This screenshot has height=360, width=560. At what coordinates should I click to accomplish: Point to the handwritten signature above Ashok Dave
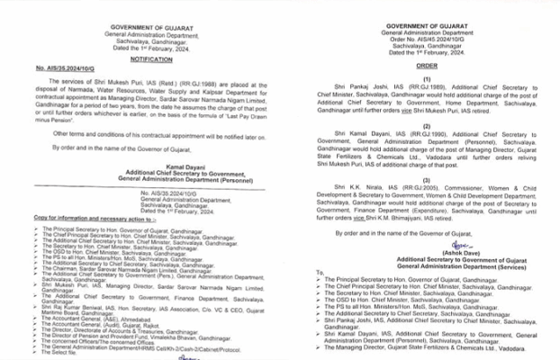(461, 243)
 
